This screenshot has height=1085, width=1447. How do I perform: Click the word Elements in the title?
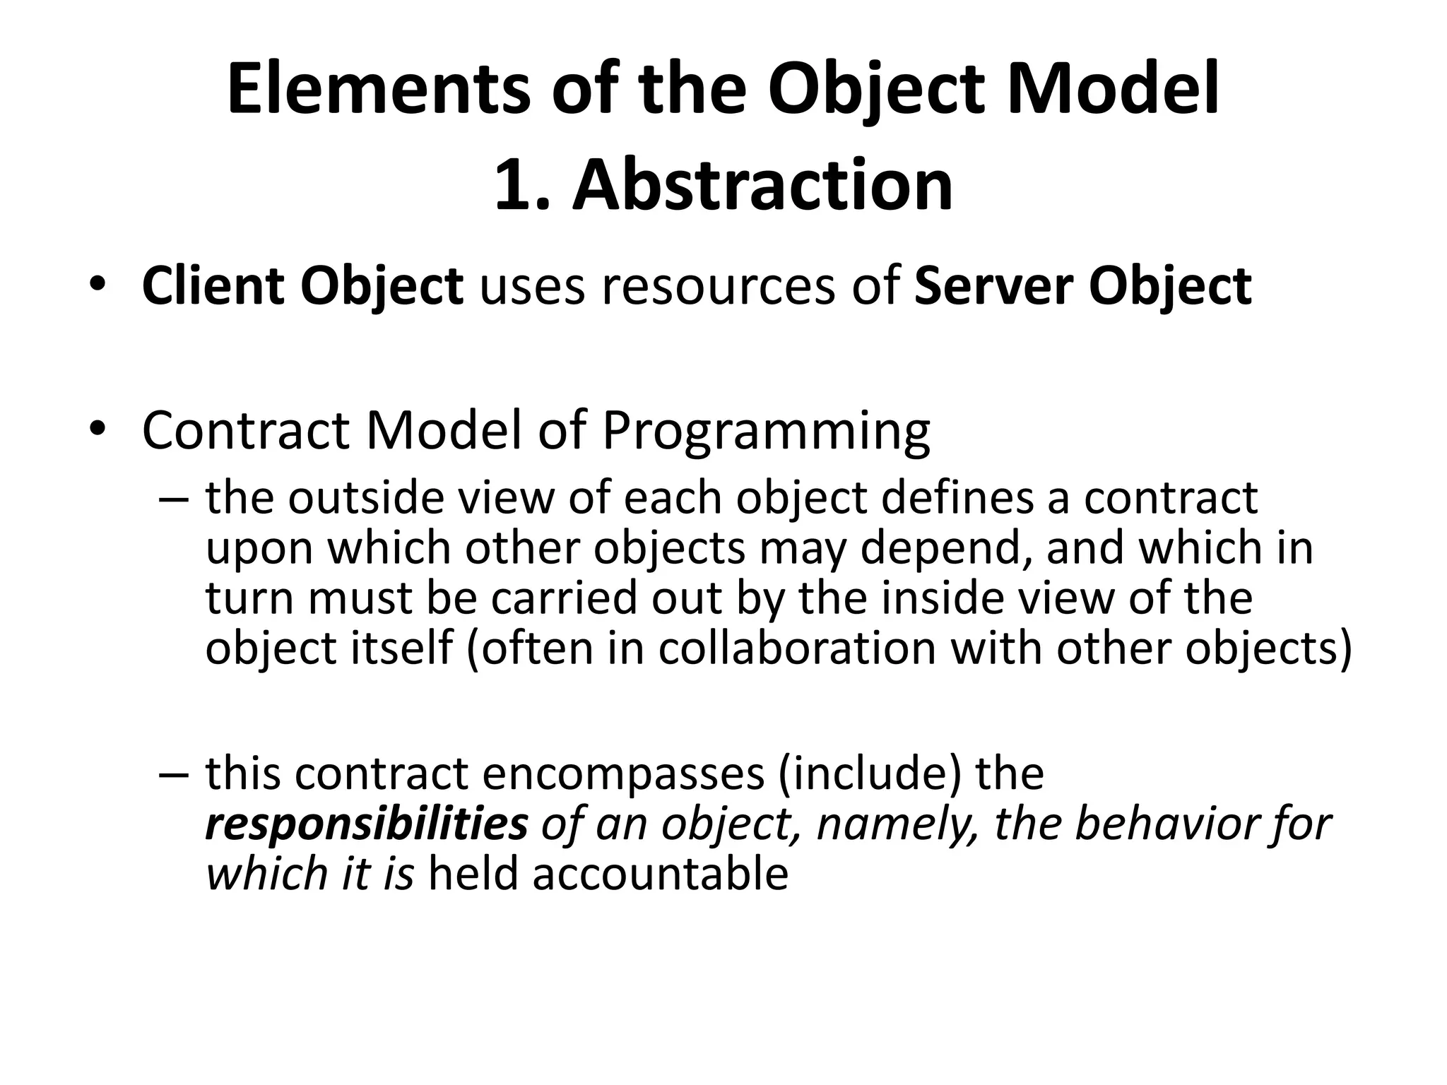(378, 90)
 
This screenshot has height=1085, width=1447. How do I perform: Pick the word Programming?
(766, 431)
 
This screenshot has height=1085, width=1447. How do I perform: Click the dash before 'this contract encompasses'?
(174, 774)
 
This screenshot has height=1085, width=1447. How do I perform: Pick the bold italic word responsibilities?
(367, 824)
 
